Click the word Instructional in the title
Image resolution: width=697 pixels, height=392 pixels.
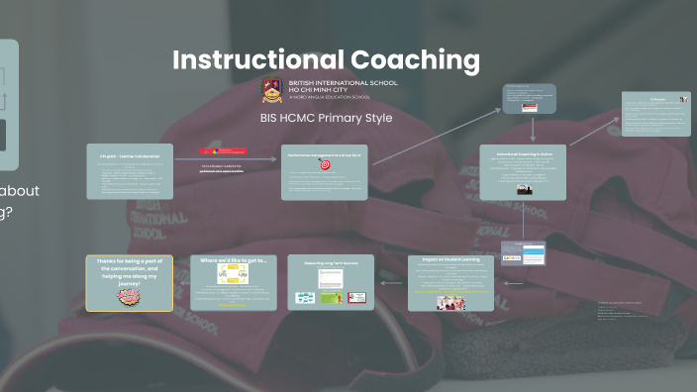pos(255,60)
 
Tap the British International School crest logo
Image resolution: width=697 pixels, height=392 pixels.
pos(271,90)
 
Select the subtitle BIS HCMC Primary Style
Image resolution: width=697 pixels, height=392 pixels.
pos(326,118)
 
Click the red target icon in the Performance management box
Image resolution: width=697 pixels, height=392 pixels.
pos(325,165)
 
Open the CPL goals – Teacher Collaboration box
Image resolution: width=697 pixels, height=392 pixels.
pos(130,171)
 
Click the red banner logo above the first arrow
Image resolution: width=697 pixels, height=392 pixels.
pos(225,150)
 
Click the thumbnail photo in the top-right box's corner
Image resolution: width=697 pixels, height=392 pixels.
pos(683,99)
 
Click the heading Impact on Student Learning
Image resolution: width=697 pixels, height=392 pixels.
pos(450,260)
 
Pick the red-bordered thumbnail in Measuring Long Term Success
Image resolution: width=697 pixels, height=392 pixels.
pos(358,297)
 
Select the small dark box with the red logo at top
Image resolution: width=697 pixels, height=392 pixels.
pos(529,98)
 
